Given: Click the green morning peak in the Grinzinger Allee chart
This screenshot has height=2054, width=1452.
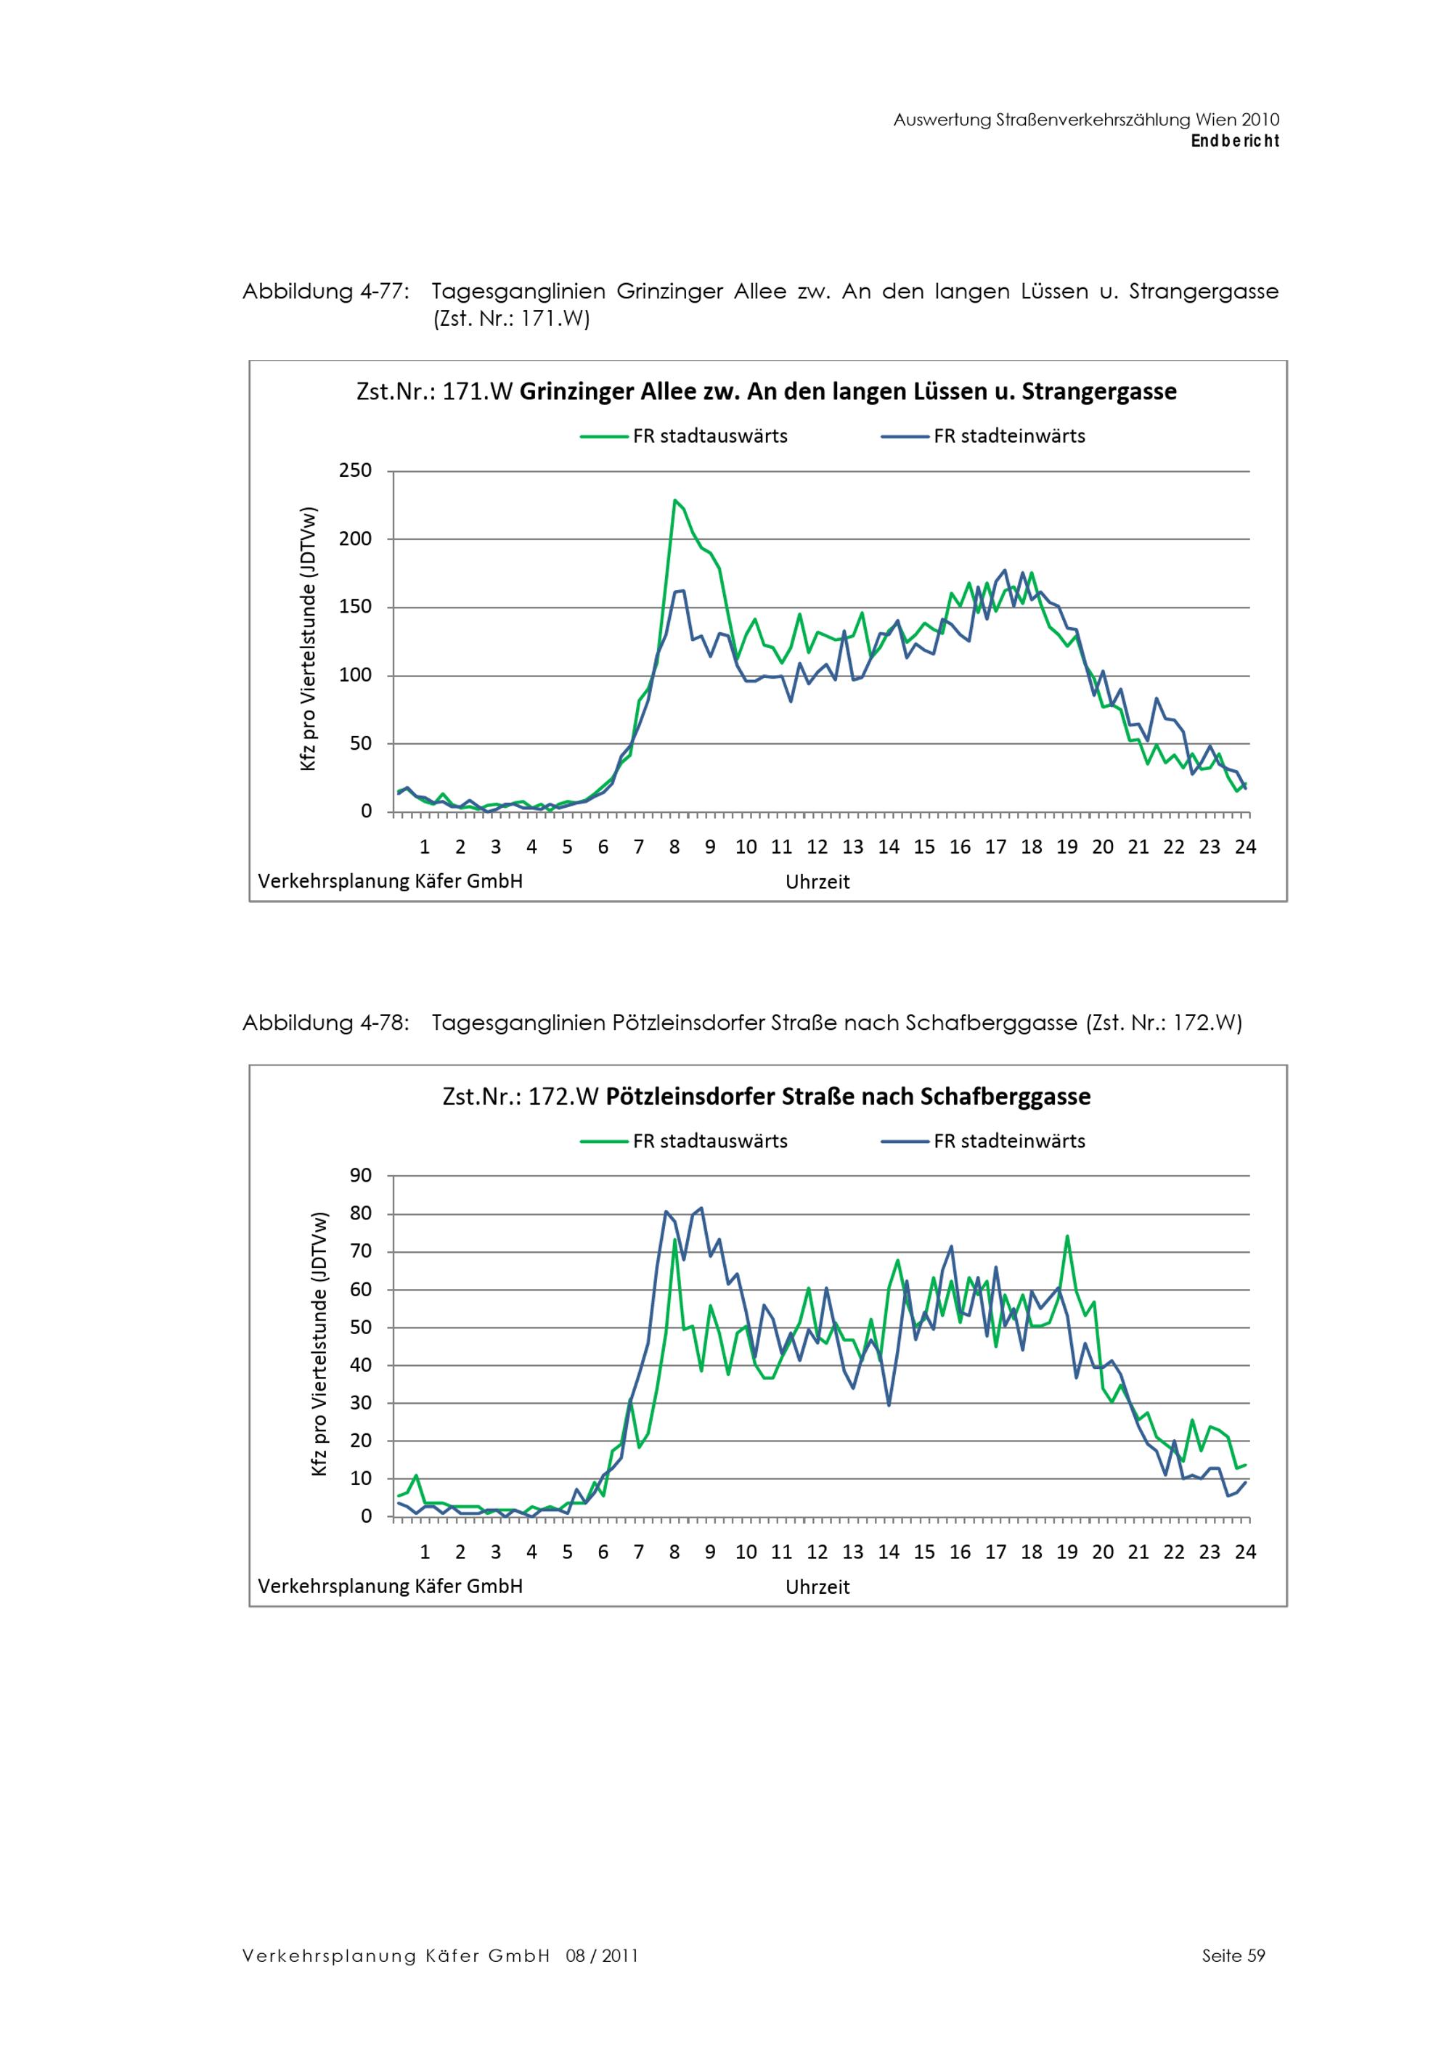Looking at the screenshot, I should coord(674,501).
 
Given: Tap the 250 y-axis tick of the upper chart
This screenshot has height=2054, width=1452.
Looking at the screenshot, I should coord(355,470).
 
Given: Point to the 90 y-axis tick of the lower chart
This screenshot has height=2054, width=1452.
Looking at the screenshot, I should coord(361,1176).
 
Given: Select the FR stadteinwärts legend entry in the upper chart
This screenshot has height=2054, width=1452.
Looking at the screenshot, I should coord(1008,436).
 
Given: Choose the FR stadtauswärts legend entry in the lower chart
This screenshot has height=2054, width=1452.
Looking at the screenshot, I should coord(709,1142).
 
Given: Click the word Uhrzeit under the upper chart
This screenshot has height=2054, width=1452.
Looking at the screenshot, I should coord(817,882).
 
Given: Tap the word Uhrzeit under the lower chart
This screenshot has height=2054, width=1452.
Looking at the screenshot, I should coord(817,1587).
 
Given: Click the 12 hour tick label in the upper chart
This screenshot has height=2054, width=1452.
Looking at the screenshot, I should coord(817,847).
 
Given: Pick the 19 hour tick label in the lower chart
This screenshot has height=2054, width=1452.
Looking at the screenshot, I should coord(1066,1552).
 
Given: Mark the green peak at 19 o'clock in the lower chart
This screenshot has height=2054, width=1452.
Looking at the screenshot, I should coord(1066,1237).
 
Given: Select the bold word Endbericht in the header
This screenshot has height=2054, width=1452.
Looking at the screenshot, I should coord(1235,142).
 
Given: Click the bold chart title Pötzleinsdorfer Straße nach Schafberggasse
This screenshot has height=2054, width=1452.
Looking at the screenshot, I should coord(847,1097).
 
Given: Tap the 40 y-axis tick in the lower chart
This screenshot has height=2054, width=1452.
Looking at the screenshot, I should coord(361,1365).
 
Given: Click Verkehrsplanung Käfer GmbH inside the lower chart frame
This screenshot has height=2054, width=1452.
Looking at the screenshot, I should coord(390,1586).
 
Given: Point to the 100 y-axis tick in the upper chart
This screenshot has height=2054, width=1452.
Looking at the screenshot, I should coord(355,676).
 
